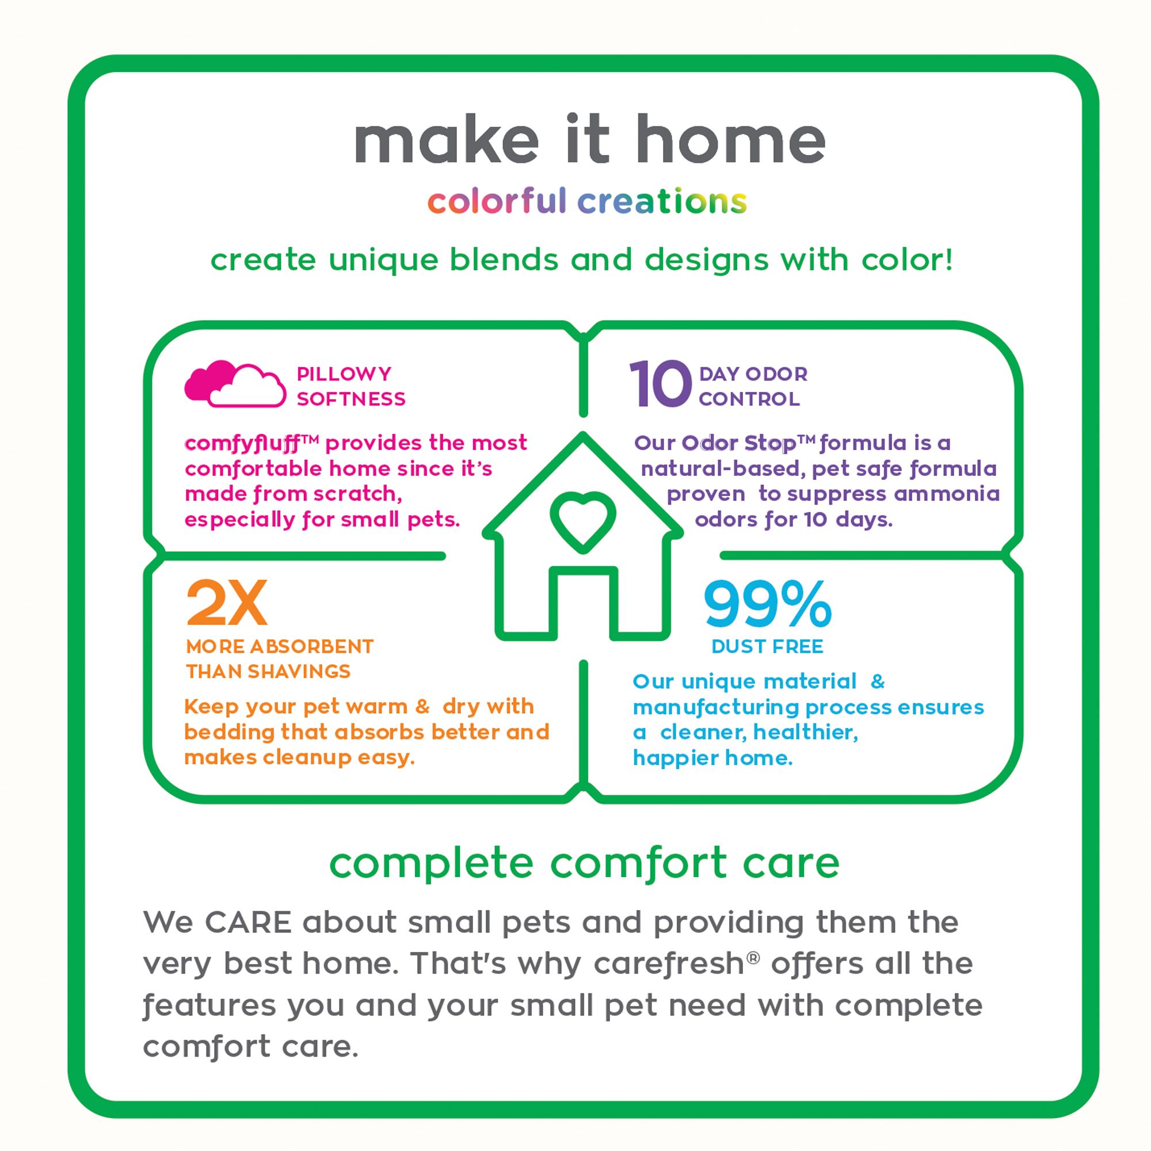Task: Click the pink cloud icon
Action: (x=235, y=384)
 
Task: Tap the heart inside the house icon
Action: (x=582, y=520)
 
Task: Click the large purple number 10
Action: (x=660, y=384)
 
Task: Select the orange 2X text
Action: (x=226, y=604)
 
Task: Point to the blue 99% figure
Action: (x=767, y=605)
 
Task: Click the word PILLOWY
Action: (x=344, y=373)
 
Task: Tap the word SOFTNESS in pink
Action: (x=351, y=399)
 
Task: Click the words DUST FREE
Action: (x=767, y=646)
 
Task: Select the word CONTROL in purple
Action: (x=749, y=399)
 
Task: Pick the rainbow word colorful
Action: (x=496, y=201)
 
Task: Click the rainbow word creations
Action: (x=662, y=201)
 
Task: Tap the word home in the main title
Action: (x=730, y=139)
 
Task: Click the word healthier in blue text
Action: (x=806, y=732)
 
